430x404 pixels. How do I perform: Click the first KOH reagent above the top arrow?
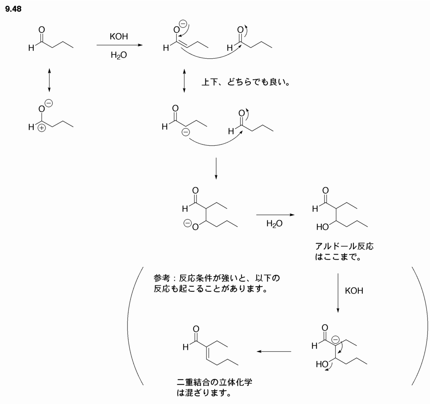pyautogui.click(x=119, y=37)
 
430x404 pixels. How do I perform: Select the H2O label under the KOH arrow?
pyautogui.click(x=119, y=54)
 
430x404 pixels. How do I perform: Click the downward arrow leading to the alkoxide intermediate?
pyautogui.click(x=216, y=168)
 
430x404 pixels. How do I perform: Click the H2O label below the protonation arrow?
pyautogui.click(x=275, y=224)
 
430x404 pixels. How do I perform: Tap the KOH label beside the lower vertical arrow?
pyautogui.click(x=354, y=291)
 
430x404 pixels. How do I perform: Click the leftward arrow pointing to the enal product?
pyautogui.click(x=274, y=351)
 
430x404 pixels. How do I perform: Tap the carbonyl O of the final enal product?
pyautogui.click(x=196, y=329)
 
